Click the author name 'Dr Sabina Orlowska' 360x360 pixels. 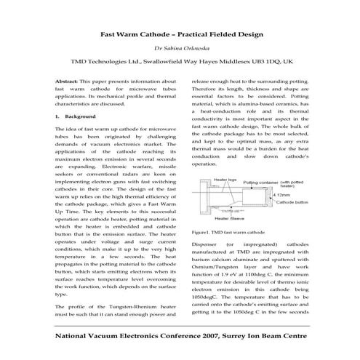(180, 49)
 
